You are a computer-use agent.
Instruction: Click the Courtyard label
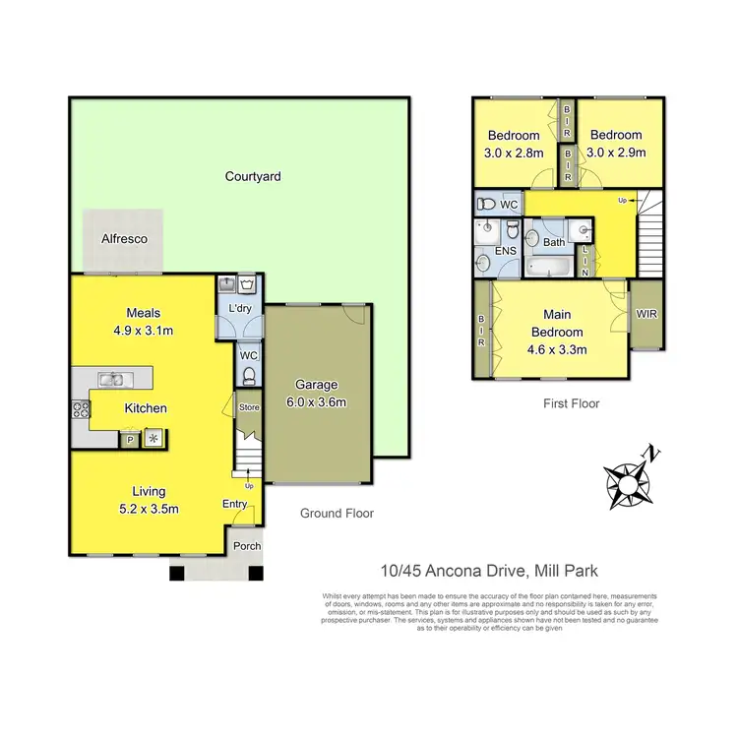(253, 177)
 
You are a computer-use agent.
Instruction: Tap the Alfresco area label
(123, 238)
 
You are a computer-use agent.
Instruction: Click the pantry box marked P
(129, 440)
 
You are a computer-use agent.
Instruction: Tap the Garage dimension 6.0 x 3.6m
(318, 401)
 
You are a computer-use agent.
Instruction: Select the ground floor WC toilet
(249, 374)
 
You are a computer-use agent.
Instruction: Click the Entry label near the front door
(235, 505)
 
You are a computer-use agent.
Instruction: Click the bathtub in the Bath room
(548, 266)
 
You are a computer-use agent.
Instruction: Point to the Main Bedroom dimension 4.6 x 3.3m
(558, 348)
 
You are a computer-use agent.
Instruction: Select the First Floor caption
(571, 403)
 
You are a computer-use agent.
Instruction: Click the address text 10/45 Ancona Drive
(453, 571)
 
